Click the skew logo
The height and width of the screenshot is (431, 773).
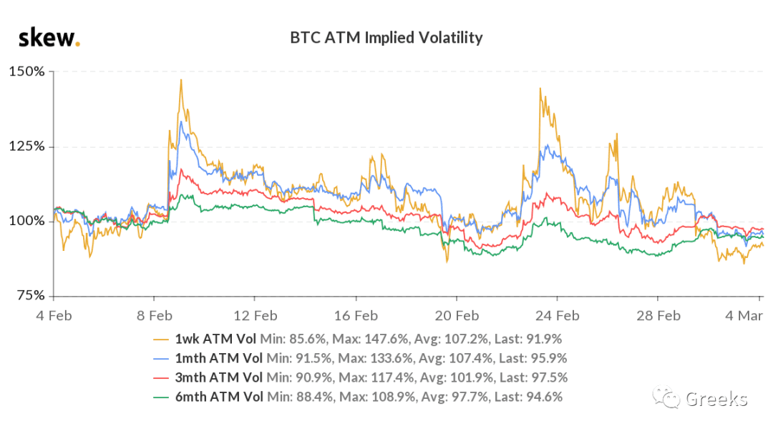(x=49, y=38)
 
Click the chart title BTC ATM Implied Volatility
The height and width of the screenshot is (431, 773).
(x=386, y=37)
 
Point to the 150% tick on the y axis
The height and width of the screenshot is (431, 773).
(x=26, y=71)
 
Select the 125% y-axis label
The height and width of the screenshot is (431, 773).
(x=26, y=147)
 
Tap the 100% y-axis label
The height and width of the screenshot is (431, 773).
(x=26, y=221)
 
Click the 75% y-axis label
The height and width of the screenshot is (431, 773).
(x=31, y=295)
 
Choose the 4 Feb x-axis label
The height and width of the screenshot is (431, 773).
(x=54, y=316)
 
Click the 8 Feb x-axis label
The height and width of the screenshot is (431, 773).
(x=155, y=316)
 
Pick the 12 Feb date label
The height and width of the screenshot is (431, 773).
(x=256, y=316)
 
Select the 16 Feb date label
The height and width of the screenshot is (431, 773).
(x=356, y=316)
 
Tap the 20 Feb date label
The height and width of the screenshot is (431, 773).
(x=457, y=316)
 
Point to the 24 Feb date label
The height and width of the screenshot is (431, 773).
(x=557, y=316)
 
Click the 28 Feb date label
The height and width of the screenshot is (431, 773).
(x=658, y=316)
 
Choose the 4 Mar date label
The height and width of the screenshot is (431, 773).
(x=744, y=316)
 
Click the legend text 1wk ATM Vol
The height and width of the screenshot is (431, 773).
(x=215, y=339)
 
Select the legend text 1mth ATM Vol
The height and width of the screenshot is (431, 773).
(x=219, y=358)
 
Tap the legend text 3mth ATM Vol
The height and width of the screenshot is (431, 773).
(x=219, y=377)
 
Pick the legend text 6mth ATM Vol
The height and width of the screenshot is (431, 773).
(x=219, y=397)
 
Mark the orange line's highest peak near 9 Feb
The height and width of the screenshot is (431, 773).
(x=181, y=79)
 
